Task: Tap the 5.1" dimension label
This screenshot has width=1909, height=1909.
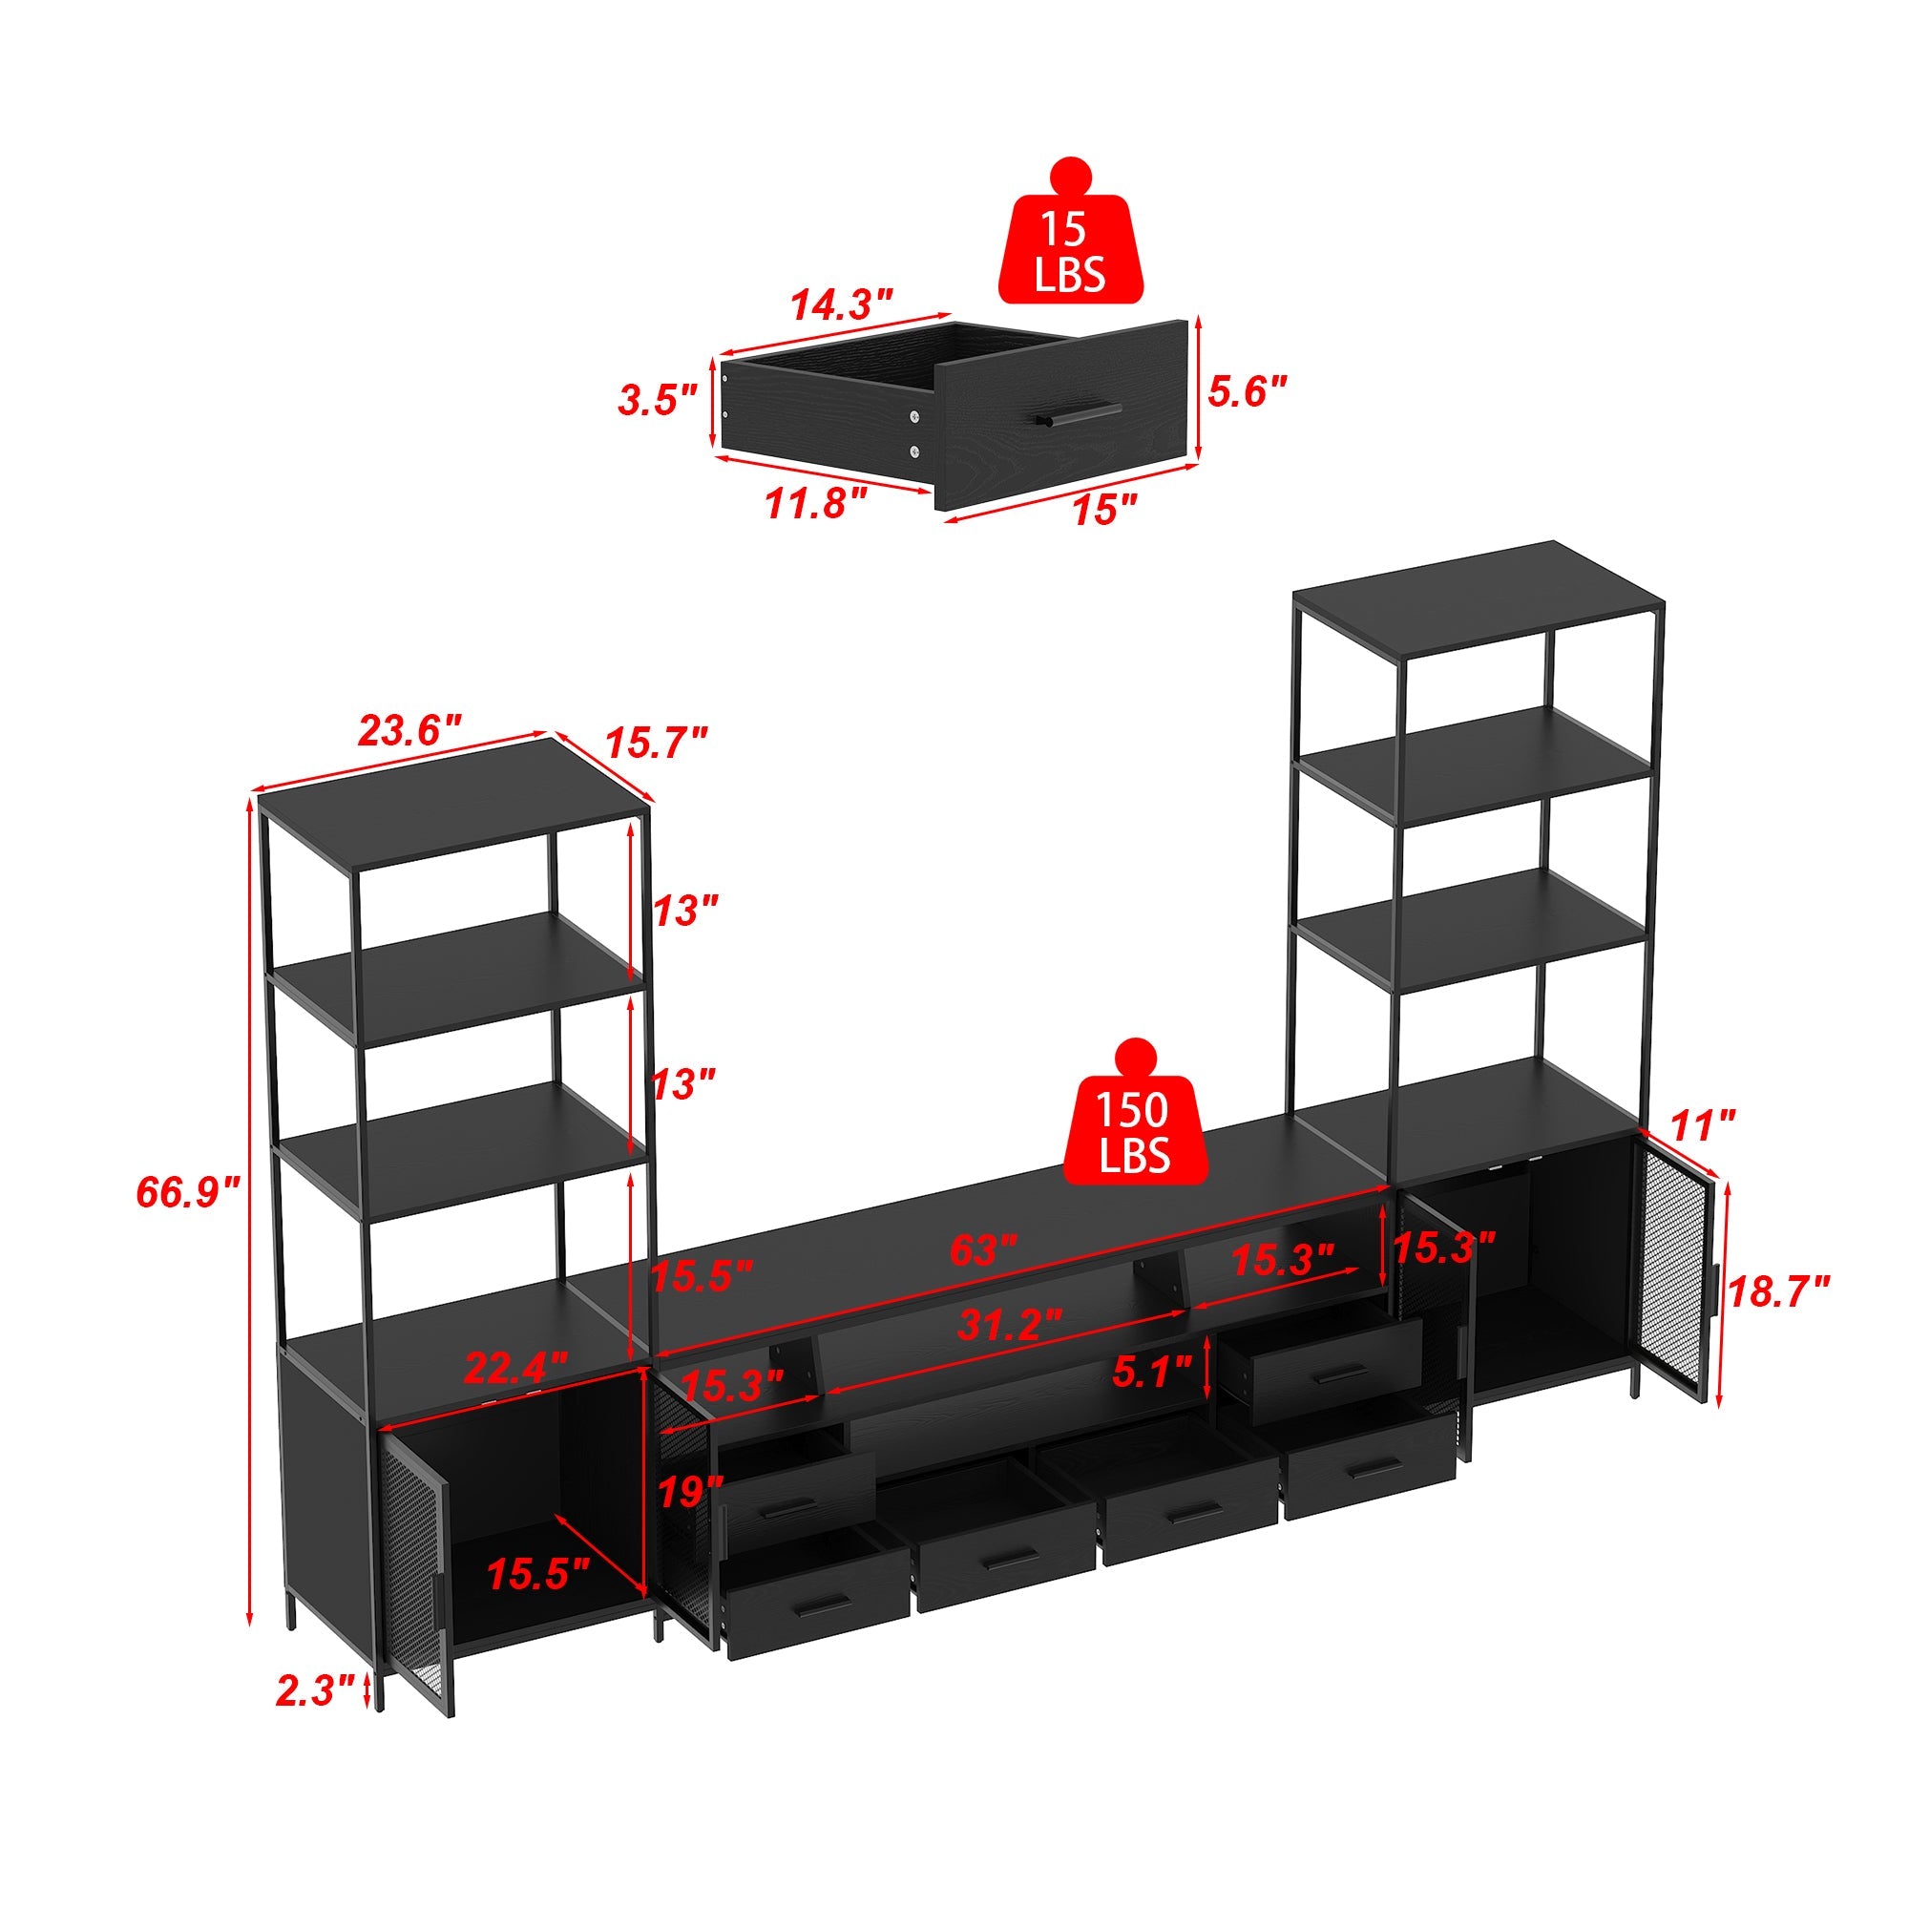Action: [1152, 1372]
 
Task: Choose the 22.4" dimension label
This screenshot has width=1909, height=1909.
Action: [515, 1369]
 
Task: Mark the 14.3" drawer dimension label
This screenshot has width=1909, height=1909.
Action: [841, 304]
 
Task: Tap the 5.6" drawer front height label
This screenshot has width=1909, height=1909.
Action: [1248, 391]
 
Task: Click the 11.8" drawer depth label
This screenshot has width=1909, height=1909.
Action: [816, 504]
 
